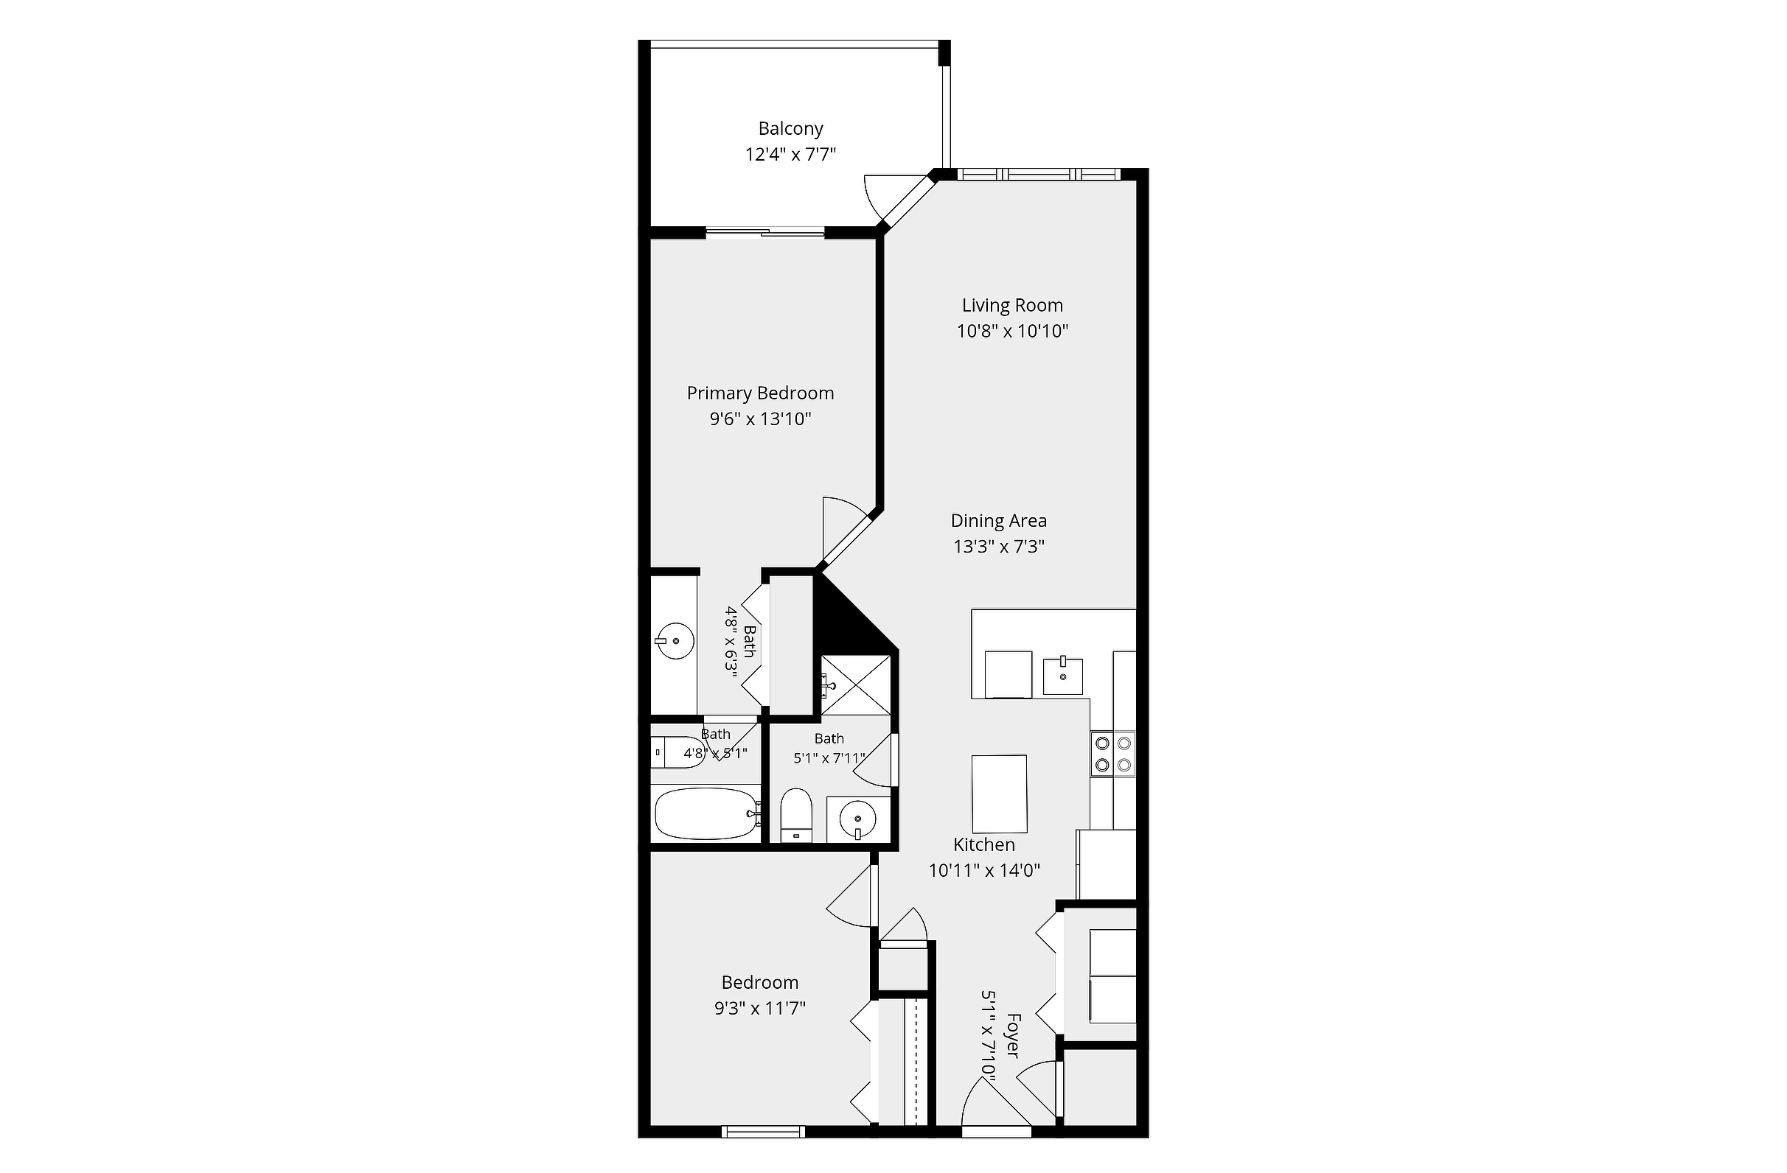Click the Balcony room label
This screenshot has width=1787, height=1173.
pyautogui.click(x=790, y=128)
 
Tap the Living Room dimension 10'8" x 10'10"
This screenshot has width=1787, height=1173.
pyautogui.click(x=1012, y=331)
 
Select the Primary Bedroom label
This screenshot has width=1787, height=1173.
pyautogui.click(x=761, y=393)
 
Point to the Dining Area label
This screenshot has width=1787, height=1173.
pyautogui.click(x=999, y=521)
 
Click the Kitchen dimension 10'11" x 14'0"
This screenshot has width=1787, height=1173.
pyautogui.click(x=984, y=871)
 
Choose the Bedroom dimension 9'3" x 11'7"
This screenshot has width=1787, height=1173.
pyautogui.click(x=760, y=1008)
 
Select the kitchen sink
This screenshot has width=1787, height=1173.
pyautogui.click(x=1063, y=677)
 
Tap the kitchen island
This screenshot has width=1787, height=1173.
pyautogui.click(x=1000, y=794)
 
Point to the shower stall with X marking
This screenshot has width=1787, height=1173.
pyautogui.click(x=855, y=684)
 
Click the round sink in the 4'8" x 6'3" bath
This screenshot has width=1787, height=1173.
pyautogui.click(x=675, y=641)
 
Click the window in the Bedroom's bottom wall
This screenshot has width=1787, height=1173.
pyautogui.click(x=764, y=1132)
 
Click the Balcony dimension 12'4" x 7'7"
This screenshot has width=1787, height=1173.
pyautogui.click(x=790, y=155)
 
